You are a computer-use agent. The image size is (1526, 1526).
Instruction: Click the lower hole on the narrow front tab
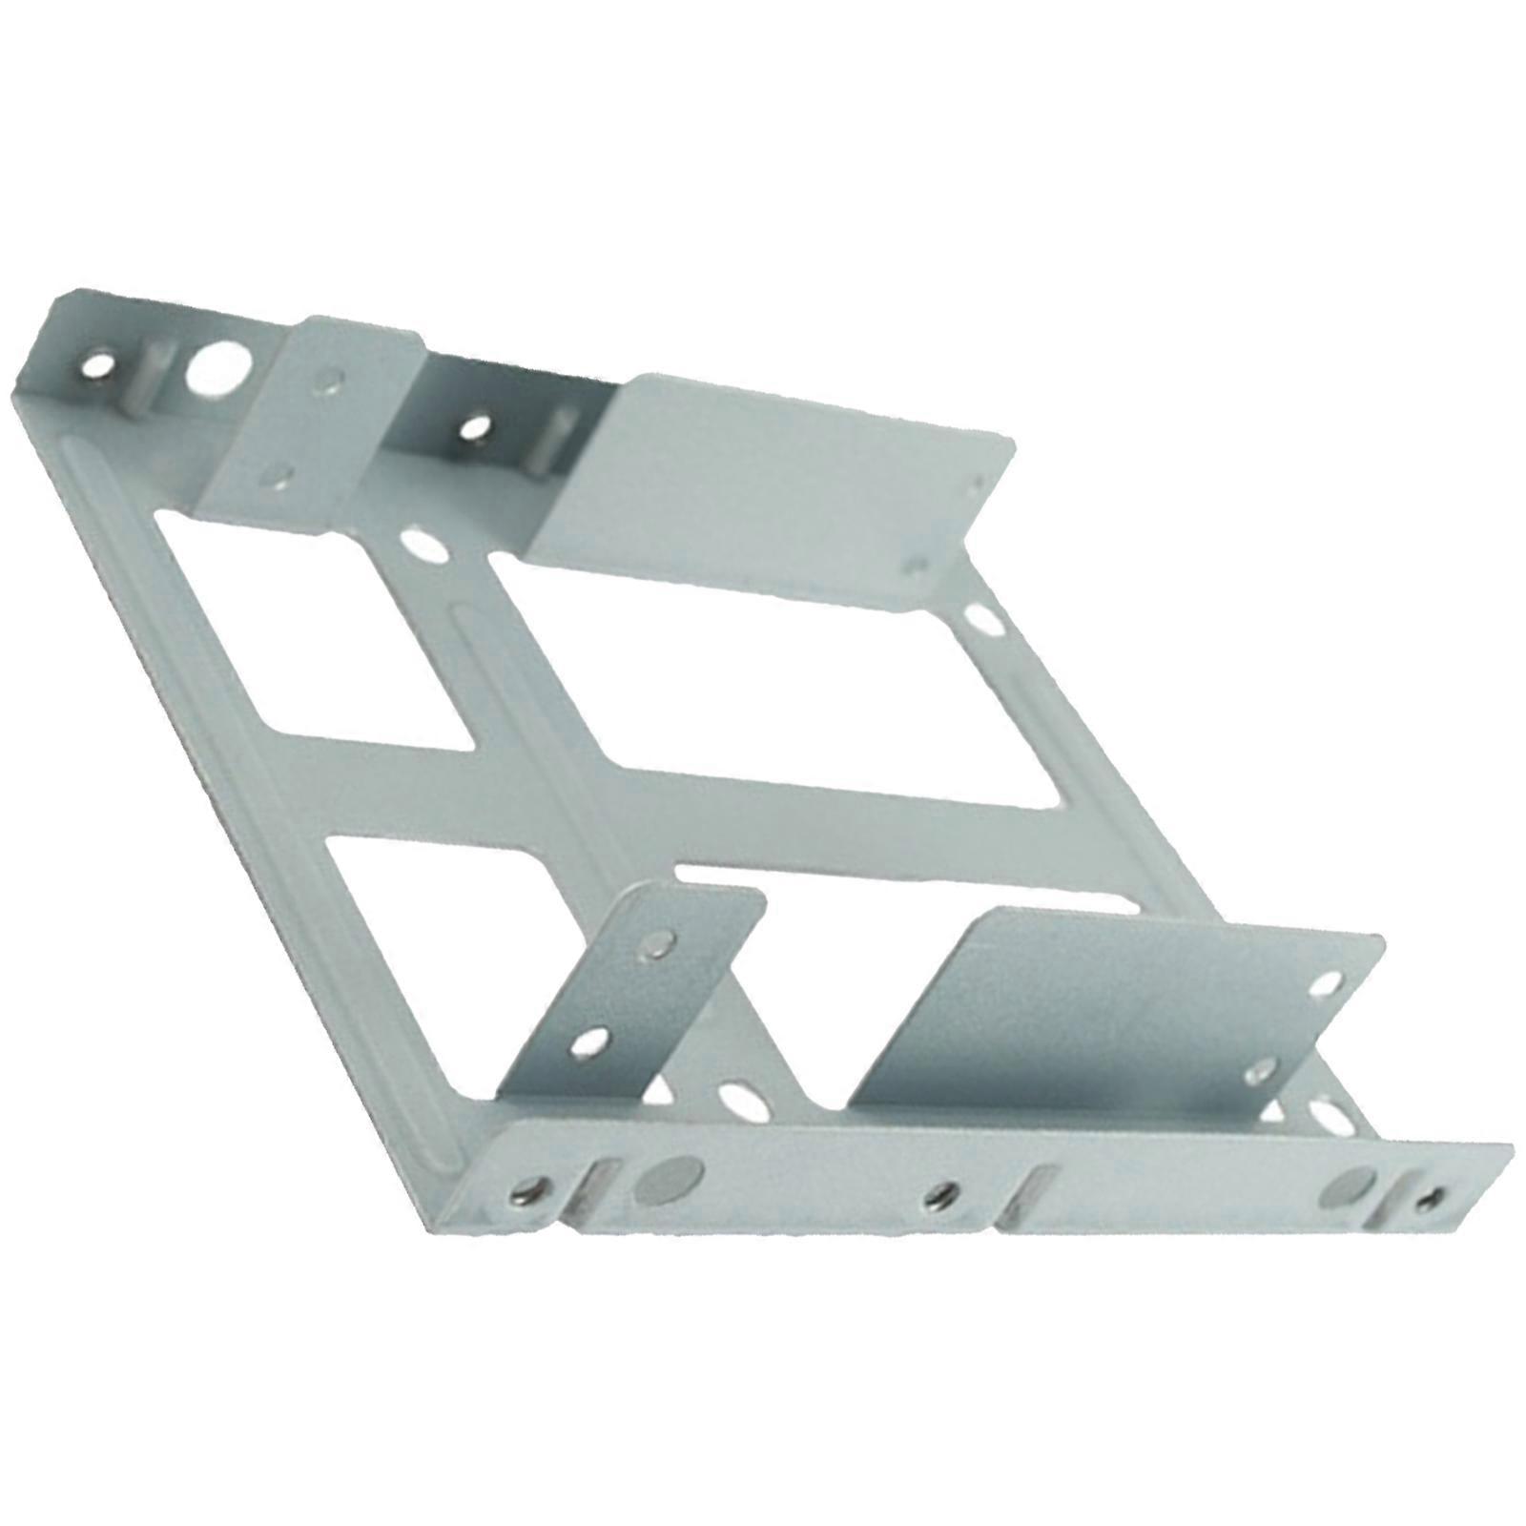(x=592, y=1046)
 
